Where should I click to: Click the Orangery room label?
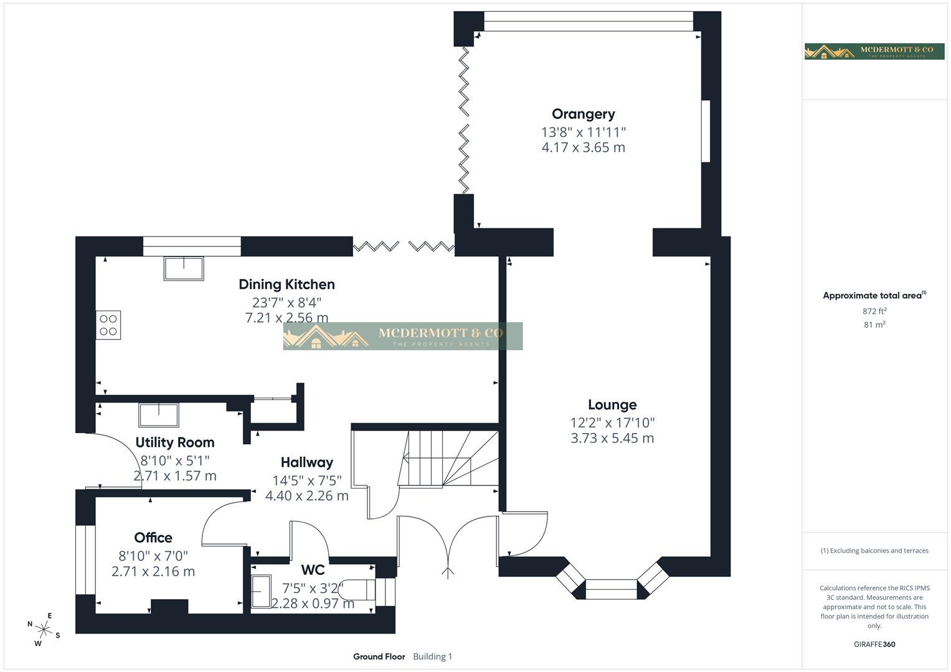click(x=583, y=114)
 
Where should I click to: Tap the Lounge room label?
click(x=612, y=404)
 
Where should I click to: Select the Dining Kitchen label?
click(x=286, y=284)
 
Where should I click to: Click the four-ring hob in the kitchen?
click(x=108, y=325)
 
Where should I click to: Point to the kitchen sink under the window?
click(x=184, y=268)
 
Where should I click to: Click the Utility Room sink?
click(x=159, y=415)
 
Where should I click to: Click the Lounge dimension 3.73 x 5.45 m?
click(x=612, y=438)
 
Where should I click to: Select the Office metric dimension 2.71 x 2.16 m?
click(x=153, y=571)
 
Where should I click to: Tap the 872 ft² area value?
click(x=874, y=311)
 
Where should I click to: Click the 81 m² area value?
click(x=874, y=325)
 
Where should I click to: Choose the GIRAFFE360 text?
click(x=874, y=644)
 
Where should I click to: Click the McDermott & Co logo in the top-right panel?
click(x=874, y=51)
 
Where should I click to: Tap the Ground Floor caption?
click(x=379, y=656)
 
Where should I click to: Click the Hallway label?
click(x=306, y=462)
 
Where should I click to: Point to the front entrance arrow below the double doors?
click(x=447, y=572)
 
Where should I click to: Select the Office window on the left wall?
click(x=85, y=560)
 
